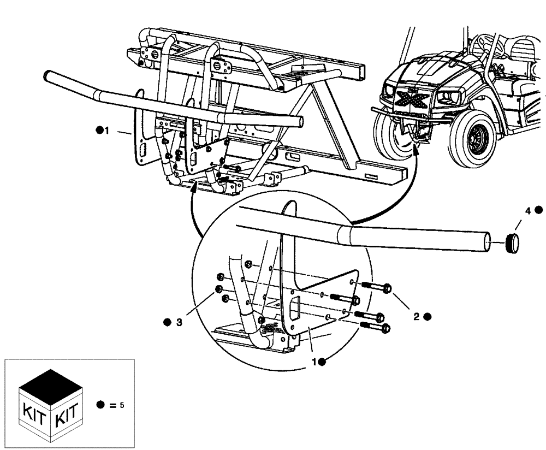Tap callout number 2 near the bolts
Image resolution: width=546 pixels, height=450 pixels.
416,316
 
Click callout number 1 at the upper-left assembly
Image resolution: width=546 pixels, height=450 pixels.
108,131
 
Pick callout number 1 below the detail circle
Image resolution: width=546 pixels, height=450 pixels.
314,361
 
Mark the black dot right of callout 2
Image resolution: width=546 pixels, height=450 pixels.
427,316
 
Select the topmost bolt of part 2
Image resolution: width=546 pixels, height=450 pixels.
377,286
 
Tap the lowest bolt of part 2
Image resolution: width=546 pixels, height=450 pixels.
375,328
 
